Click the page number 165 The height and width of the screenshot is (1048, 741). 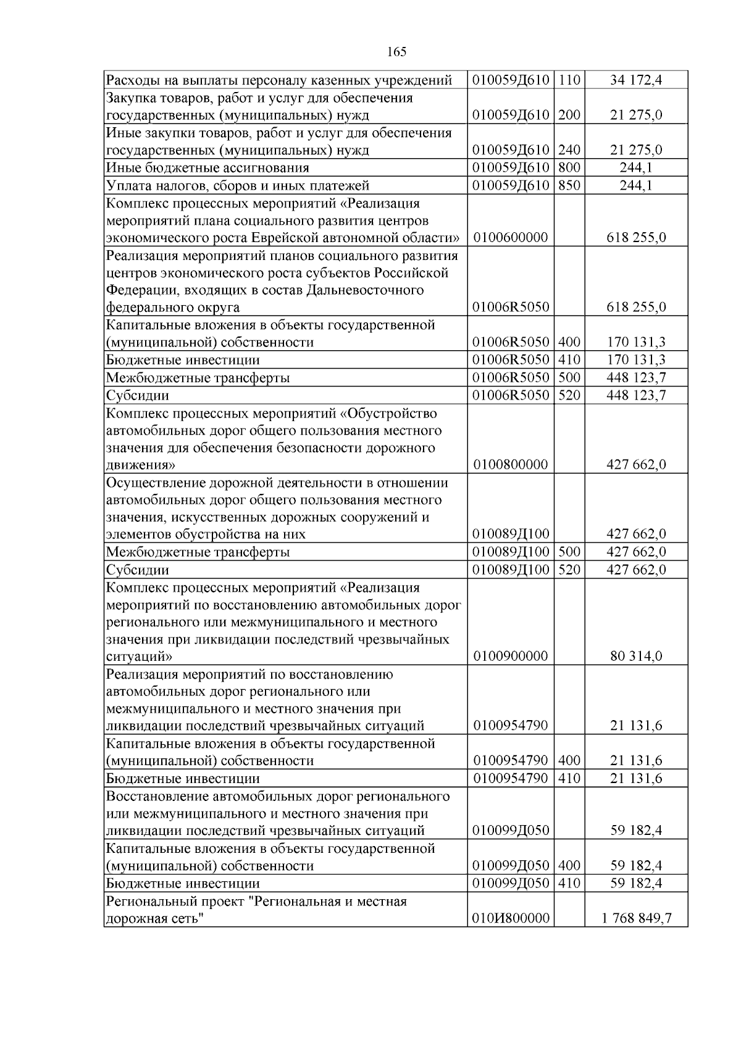[x=396, y=52]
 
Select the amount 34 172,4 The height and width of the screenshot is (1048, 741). [x=636, y=80]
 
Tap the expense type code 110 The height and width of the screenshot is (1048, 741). [x=569, y=80]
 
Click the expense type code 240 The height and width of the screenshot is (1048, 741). [x=569, y=150]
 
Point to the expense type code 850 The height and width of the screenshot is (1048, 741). [x=569, y=185]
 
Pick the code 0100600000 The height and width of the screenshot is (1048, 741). [x=511, y=238]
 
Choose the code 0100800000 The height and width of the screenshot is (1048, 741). [x=511, y=464]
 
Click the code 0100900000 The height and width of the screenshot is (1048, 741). [x=511, y=656]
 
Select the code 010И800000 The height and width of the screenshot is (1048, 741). [x=511, y=919]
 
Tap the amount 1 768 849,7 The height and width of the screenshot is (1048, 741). [x=636, y=919]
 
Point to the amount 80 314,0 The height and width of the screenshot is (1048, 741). [x=636, y=656]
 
